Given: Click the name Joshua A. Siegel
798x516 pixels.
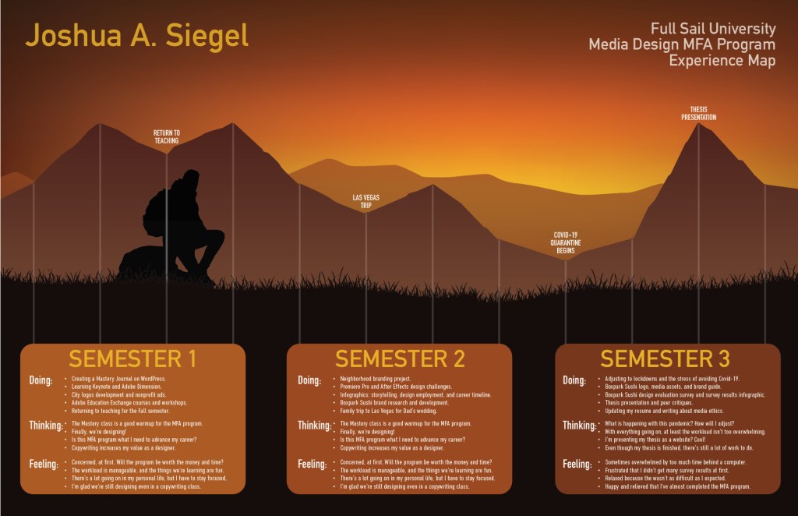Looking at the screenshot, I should coord(137,36).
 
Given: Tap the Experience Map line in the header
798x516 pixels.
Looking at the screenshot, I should coord(722,60).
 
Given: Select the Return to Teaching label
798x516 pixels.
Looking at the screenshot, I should coord(167,137).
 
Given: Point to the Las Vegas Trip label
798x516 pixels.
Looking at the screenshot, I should coord(365,202).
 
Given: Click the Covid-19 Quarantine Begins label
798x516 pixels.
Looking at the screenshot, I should coord(566,243).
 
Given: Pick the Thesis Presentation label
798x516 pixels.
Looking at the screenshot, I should coord(698,114).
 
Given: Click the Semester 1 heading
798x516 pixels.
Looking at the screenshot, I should coord(132,359).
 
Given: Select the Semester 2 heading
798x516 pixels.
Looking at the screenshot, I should coord(400,359).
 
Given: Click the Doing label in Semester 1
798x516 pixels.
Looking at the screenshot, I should coord(41,381).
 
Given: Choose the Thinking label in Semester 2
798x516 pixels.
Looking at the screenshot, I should coord(315,426).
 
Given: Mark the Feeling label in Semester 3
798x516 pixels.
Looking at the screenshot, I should coord(577,464).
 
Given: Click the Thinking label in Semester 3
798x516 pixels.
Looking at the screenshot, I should coord(580,426).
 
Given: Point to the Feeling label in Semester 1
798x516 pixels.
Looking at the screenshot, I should coord(44,464).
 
